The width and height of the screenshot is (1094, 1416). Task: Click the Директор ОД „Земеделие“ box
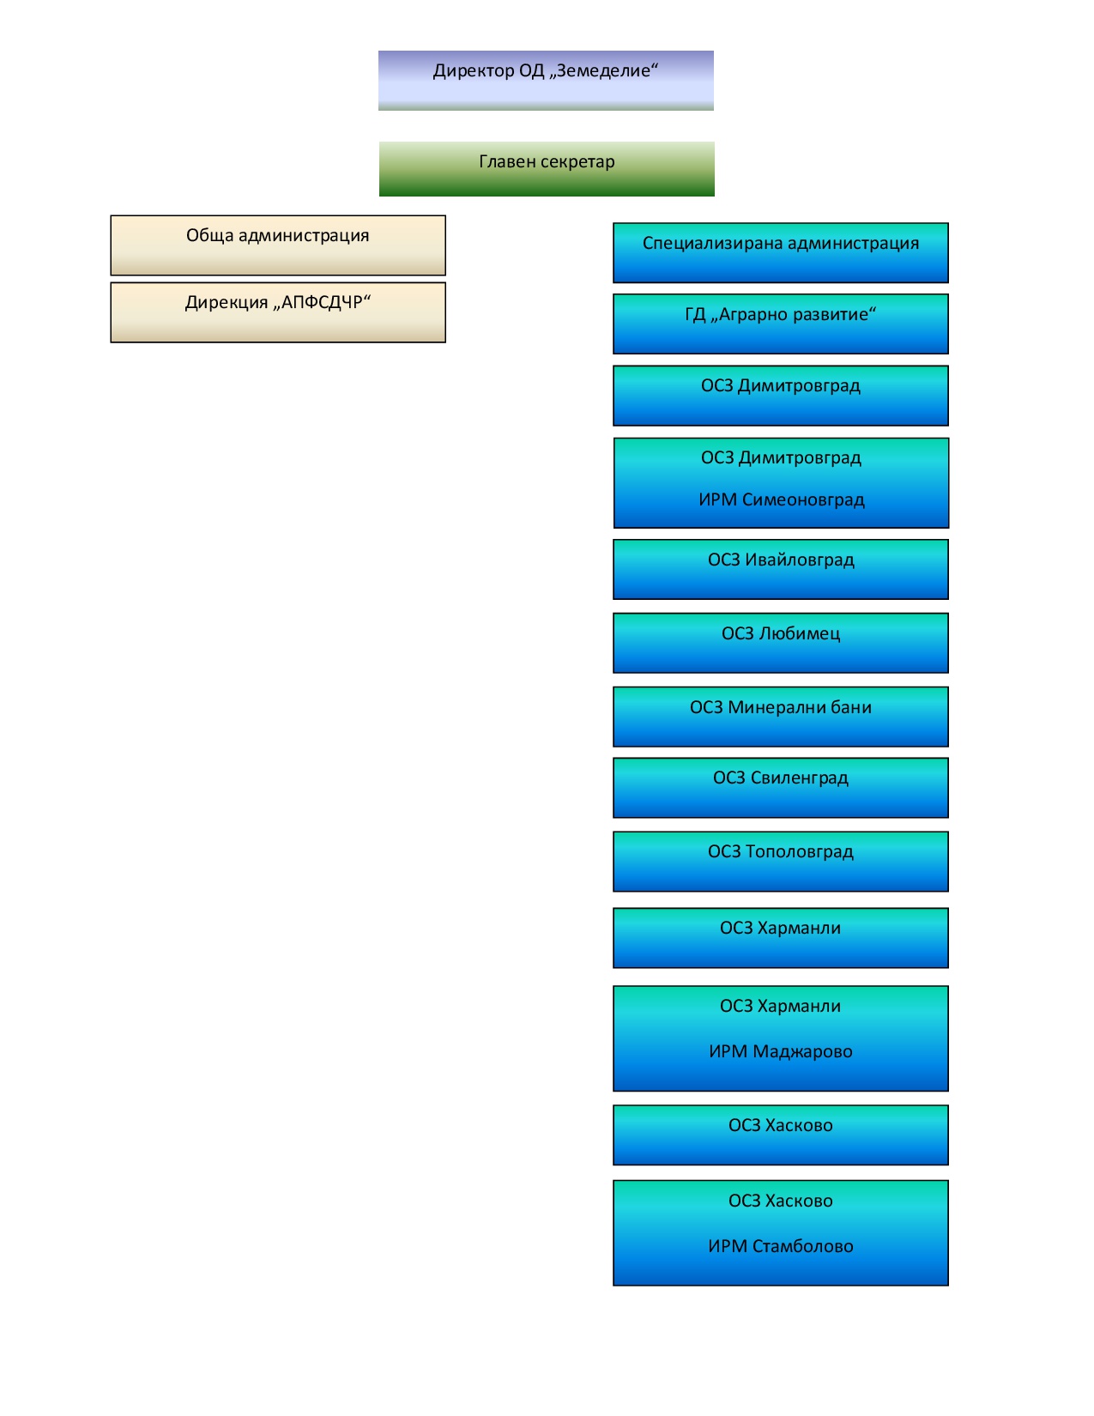pos(546,80)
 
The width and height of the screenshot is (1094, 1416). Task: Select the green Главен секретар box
pos(546,169)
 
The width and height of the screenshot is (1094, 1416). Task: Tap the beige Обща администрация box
pos(277,245)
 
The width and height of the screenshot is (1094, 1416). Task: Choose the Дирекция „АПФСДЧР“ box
pos(277,312)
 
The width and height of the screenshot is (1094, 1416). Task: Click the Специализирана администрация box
pos(780,253)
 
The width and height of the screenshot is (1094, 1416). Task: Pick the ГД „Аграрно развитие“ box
pos(780,324)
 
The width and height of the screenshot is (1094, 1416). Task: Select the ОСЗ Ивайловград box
pos(780,569)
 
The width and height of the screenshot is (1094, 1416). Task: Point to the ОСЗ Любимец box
pos(780,643)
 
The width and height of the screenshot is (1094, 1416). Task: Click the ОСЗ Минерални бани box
pos(780,716)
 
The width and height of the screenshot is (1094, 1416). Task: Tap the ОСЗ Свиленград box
pos(780,787)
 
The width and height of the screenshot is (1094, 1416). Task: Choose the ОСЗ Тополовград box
pos(780,861)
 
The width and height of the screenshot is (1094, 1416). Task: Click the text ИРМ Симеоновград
pos(781,499)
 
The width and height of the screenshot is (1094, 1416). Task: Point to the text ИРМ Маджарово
pos(780,1051)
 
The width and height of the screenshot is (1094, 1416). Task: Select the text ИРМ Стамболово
pos(780,1246)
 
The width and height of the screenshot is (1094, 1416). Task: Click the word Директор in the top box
pos(473,70)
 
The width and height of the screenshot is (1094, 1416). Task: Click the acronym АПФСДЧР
pos(321,302)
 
